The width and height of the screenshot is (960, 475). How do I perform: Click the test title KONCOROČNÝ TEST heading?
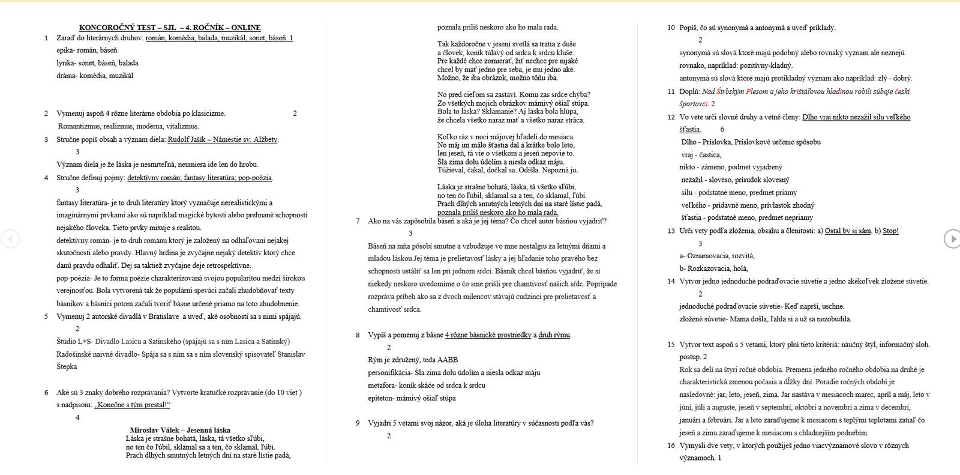point(170,28)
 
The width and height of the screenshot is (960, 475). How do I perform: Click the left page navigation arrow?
point(10,238)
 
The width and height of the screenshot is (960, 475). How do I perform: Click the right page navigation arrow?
point(952,238)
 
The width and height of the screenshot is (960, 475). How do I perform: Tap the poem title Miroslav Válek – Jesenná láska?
point(180,430)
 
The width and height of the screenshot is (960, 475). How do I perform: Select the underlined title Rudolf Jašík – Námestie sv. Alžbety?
point(223,139)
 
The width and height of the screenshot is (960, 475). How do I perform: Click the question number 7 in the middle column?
point(358,221)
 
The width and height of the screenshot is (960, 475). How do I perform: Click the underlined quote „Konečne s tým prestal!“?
point(132,405)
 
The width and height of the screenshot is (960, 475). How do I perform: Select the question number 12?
point(671,117)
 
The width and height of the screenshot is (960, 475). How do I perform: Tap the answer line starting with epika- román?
point(87,50)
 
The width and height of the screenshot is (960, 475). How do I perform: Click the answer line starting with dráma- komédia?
point(95,76)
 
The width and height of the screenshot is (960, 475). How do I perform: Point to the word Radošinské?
point(79,354)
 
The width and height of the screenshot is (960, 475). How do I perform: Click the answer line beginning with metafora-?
point(427,386)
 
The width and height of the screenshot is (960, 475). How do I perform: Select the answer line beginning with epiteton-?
point(412,398)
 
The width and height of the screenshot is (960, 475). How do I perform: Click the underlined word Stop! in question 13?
point(890,231)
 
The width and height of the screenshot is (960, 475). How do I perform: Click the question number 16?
point(671,446)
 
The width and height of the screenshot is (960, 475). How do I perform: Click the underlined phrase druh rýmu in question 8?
point(554,335)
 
